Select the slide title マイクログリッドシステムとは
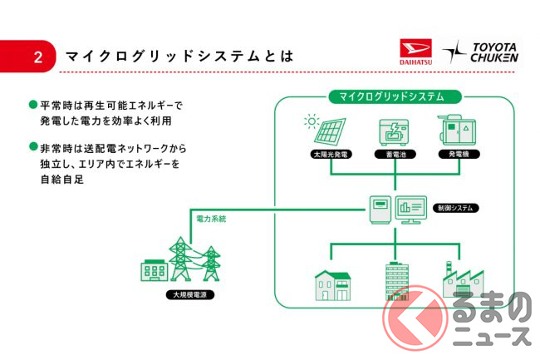179,57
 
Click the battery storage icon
395,133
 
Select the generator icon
455,131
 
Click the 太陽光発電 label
331,155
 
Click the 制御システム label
456,206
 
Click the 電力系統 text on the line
210,219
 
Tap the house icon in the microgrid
331,284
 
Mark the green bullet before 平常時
33,106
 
